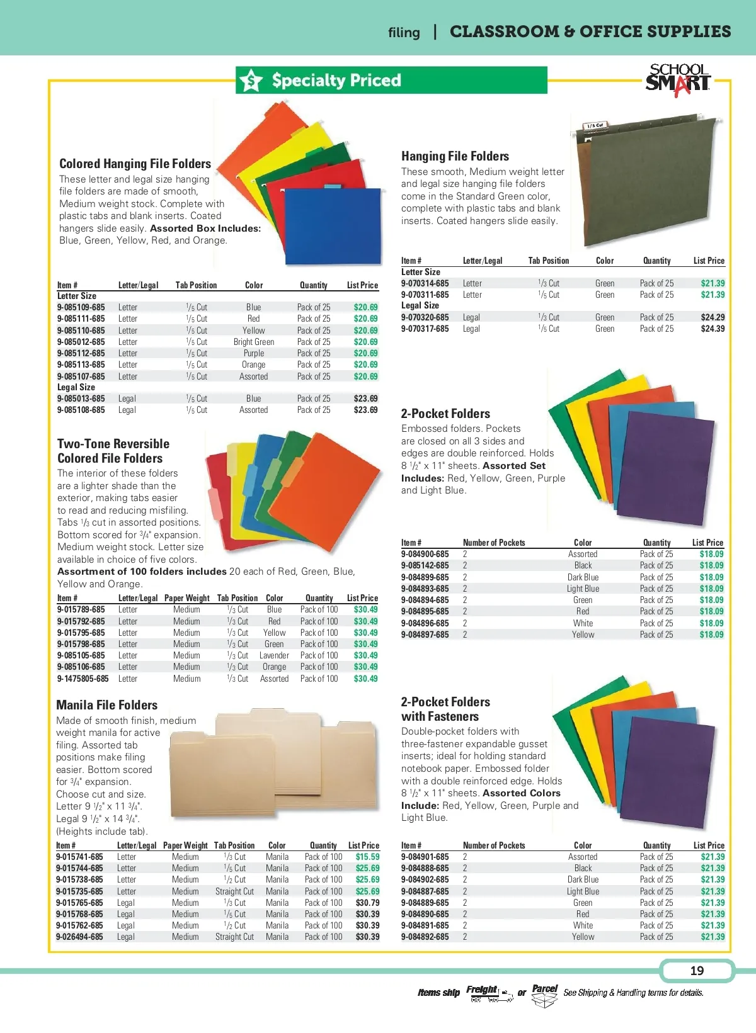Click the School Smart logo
pos(678,80)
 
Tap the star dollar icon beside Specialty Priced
pos(251,81)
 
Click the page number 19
pos(697,971)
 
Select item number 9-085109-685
pos(81,307)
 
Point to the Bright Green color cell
pos(254,342)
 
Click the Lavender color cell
pos(274,655)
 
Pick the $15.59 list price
pos(367,857)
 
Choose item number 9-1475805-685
pos(83,679)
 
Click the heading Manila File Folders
pos(107,705)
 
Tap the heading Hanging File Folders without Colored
pos(455,156)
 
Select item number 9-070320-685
pos(425,317)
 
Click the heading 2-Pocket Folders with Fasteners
pos(445,709)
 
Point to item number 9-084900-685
pos(425,554)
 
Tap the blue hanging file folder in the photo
pos(333,225)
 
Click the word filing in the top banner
pos(404,33)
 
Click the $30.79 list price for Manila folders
pos(367,903)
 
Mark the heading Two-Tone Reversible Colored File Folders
pos(113,451)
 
